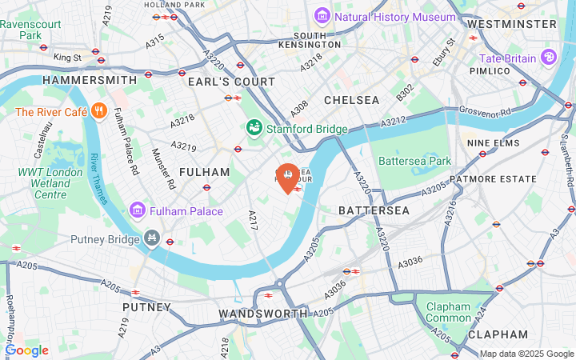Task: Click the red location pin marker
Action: pyautogui.click(x=287, y=177)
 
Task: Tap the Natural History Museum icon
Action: pyautogui.click(x=322, y=16)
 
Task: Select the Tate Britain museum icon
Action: pyautogui.click(x=548, y=58)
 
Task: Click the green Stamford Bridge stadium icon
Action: pyautogui.click(x=254, y=129)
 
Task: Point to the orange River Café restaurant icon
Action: pyautogui.click(x=99, y=112)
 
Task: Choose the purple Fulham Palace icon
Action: pyautogui.click(x=137, y=210)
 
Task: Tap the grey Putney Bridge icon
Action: pyautogui.click(x=152, y=238)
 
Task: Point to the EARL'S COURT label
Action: pyautogui.click(x=231, y=82)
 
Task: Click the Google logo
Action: pyautogui.click(x=26, y=350)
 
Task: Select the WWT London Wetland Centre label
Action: pyautogui.click(x=50, y=183)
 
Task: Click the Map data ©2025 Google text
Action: pyautogui.click(x=526, y=354)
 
